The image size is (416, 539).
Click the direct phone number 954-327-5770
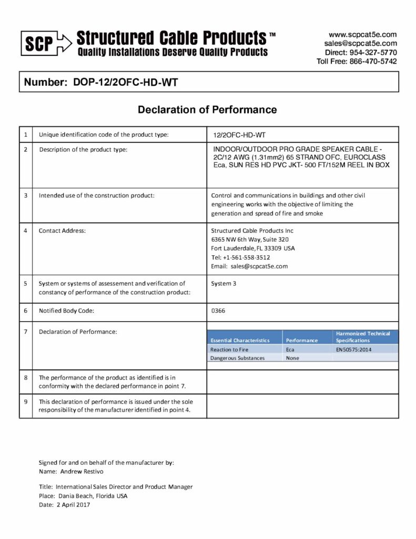[374, 53]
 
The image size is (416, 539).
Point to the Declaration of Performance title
[207, 109]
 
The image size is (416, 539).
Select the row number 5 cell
[25, 284]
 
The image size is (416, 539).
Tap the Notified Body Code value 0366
[218, 311]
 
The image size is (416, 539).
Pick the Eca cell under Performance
[290, 350]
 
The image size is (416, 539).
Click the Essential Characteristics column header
[240, 340]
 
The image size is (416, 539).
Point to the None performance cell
[292, 358]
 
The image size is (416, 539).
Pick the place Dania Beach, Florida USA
[92, 496]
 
